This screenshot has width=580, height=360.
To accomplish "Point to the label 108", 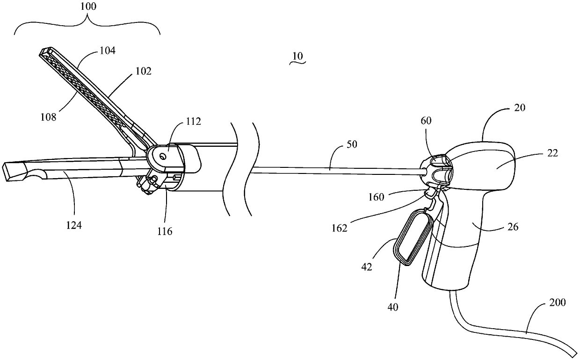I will (48, 116).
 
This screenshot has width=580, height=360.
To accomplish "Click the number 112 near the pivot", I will (193, 122).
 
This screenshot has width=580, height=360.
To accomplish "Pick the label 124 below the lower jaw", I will (73, 226).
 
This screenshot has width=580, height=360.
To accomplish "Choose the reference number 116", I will (165, 231).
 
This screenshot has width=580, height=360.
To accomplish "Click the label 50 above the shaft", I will (351, 144).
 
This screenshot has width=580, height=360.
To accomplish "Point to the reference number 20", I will (519, 108).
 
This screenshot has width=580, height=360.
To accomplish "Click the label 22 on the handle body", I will (552, 153).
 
